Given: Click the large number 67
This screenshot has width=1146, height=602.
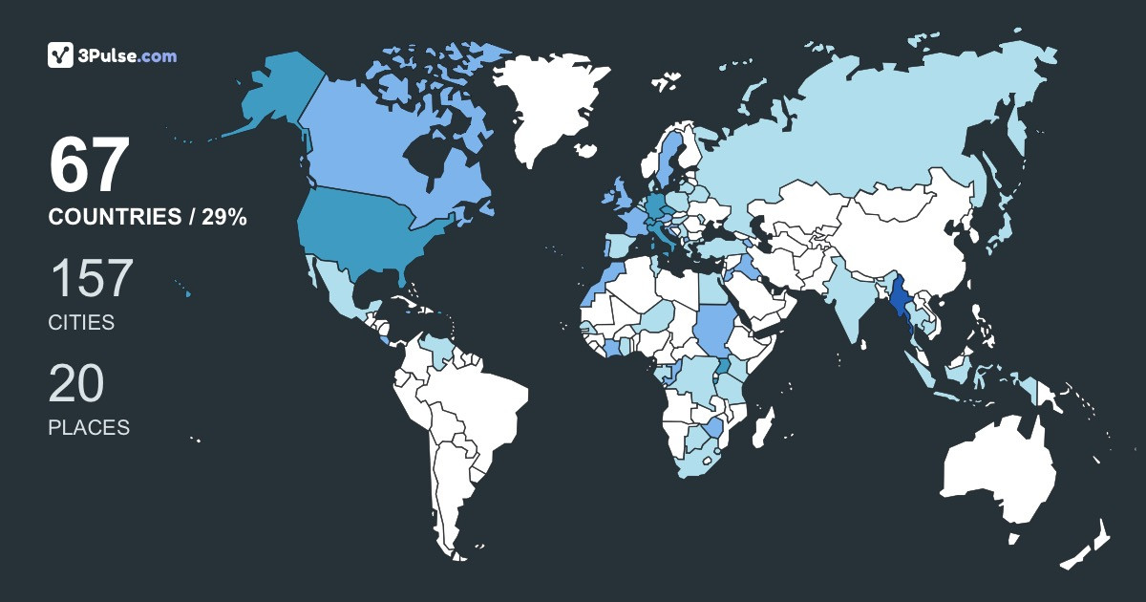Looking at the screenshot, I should pos(89,165).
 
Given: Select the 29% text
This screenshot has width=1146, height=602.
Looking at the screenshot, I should pos(223,218).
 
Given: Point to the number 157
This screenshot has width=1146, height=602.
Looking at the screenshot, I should pos(91,279).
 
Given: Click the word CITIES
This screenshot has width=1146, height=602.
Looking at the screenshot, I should pos(81,323).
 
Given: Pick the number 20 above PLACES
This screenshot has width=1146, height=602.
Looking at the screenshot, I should pos(76,384).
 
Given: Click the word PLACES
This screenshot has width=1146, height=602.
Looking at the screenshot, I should pos(89,428).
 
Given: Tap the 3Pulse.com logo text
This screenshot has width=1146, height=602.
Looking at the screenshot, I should pos(128,55).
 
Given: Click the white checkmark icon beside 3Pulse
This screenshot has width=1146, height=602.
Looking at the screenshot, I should pos(61,55).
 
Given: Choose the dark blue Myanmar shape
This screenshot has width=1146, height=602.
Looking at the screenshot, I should pos(900,306).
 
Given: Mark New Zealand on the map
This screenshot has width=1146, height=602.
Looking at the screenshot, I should pos(1089,545).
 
